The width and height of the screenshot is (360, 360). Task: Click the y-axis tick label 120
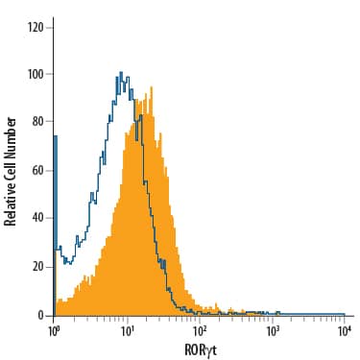coord(36,26)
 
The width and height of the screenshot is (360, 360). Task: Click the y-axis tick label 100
coord(36,74)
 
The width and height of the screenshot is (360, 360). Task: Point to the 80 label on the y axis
coord(39,122)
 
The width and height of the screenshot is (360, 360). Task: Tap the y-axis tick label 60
coord(39,170)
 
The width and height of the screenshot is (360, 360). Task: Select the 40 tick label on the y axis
coord(39,218)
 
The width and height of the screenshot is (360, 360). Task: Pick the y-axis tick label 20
coord(39,266)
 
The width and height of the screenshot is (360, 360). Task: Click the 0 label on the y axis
coord(42,314)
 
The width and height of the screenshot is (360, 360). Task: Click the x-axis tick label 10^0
coord(54,330)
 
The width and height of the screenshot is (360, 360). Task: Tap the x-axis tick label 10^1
coord(127,330)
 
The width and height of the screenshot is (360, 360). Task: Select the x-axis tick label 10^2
coord(200,330)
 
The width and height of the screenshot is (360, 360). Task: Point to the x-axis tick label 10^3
coord(273,330)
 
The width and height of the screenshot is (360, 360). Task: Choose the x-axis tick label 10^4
coord(345,330)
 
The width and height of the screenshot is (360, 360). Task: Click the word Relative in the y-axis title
coord(12,202)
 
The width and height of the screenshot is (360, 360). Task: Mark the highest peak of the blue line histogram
coord(120,72)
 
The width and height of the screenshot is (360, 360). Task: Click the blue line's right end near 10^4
coord(343,313)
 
